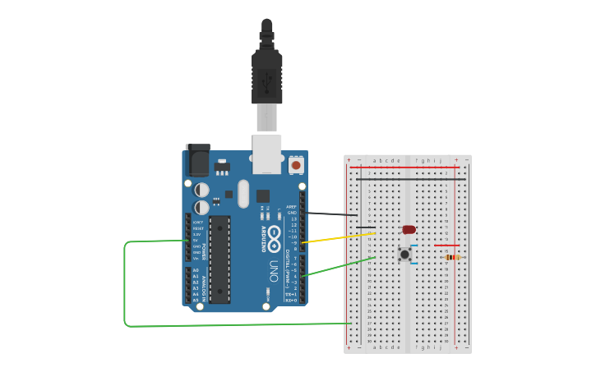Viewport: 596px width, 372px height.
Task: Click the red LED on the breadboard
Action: (409, 229)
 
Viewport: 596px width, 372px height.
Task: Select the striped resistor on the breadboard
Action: (453, 257)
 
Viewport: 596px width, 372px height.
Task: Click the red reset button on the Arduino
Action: (295, 165)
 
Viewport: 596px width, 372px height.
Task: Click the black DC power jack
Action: (198, 159)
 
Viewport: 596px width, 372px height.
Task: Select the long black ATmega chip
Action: (219, 259)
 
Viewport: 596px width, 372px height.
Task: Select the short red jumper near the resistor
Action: (446, 245)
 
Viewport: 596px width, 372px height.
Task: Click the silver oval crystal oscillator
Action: (243, 195)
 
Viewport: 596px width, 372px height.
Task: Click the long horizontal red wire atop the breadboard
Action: (408, 168)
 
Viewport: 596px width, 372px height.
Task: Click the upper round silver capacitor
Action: (202, 190)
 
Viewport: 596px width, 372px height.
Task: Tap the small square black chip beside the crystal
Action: (263, 195)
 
